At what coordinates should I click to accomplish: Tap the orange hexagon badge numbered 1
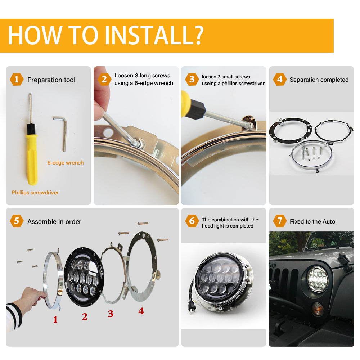(x=16, y=79)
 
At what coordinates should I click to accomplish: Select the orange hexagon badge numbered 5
(x=16, y=221)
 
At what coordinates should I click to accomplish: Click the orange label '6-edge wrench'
(x=66, y=163)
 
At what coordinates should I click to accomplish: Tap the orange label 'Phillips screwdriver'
(x=35, y=193)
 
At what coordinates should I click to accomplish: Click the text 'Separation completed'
(x=319, y=80)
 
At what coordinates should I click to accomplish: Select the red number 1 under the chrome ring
(x=55, y=319)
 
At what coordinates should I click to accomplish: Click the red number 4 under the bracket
(x=141, y=311)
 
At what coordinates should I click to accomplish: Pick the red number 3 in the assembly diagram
(x=111, y=314)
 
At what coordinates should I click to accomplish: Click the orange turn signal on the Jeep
(x=317, y=309)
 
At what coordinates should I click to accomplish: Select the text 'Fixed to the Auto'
(x=312, y=221)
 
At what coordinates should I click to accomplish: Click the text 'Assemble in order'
(x=54, y=221)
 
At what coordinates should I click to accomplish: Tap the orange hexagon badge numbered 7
(x=280, y=221)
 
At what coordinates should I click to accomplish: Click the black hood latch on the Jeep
(x=344, y=262)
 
